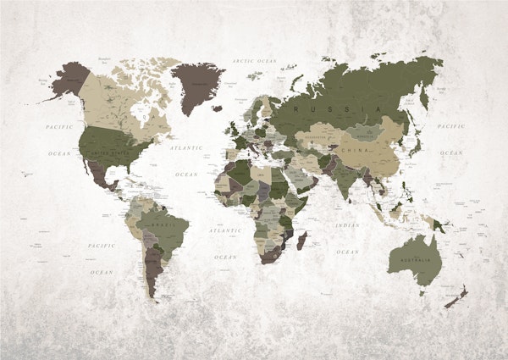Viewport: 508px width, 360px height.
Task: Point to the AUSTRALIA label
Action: tap(414, 260)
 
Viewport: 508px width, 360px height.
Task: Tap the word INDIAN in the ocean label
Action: tap(347, 225)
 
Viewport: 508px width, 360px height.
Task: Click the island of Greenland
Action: tap(197, 81)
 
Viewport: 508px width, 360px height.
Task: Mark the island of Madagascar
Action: tap(301, 241)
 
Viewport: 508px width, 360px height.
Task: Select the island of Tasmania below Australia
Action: tap(422, 293)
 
